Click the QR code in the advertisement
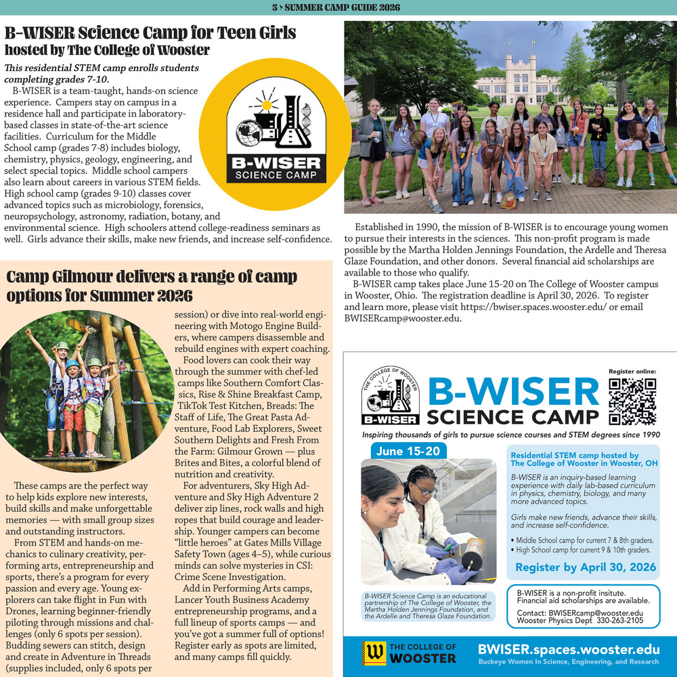(632, 400)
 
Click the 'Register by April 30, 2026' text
(586, 567)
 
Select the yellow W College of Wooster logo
(372, 653)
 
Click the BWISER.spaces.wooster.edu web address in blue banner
(568, 649)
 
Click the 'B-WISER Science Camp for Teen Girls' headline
(150, 32)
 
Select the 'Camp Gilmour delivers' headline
(152, 277)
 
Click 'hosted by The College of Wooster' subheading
(107, 50)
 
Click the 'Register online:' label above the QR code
(632, 371)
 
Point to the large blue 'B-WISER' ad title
(513, 391)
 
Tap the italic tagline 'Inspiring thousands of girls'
(510, 435)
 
